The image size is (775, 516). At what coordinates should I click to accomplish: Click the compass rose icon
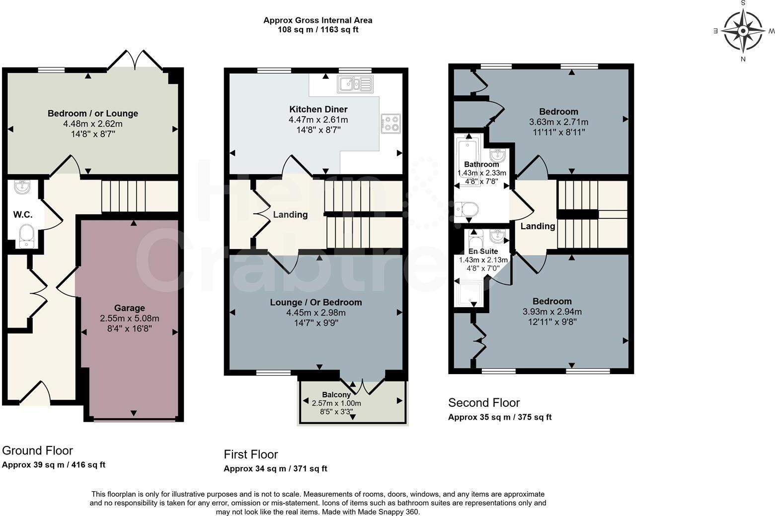[x=743, y=31]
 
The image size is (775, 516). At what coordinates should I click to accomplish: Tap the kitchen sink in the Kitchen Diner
[x=355, y=84]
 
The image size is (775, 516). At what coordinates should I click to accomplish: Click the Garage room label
[x=130, y=308]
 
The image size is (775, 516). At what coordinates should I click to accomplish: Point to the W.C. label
[x=23, y=215]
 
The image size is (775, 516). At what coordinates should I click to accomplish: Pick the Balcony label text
[x=336, y=395]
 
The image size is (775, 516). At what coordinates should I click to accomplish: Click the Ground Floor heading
[x=37, y=451]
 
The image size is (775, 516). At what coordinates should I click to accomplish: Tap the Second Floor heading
[x=484, y=402]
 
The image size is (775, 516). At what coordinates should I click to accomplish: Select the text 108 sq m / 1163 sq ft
[x=318, y=30]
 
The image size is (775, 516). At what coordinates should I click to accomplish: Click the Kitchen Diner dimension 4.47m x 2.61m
[x=318, y=120]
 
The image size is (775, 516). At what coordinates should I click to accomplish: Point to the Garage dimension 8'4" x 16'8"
[x=130, y=328]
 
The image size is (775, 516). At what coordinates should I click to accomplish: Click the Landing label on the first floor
[x=290, y=215]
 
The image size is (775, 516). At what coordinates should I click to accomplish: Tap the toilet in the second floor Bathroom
[x=466, y=210]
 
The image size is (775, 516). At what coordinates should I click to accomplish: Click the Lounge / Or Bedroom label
[x=316, y=302]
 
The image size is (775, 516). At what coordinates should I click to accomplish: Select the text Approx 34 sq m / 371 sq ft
[x=275, y=468]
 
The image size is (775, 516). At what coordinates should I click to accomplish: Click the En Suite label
[x=483, y=252]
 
